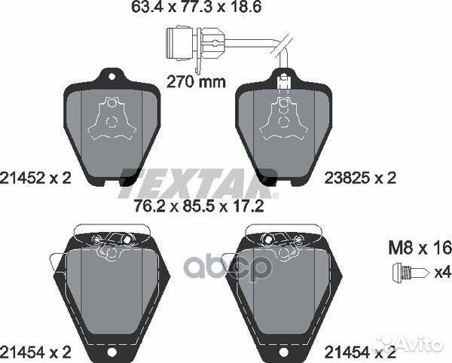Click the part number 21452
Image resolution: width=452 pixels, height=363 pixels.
(x=21, y=178)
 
